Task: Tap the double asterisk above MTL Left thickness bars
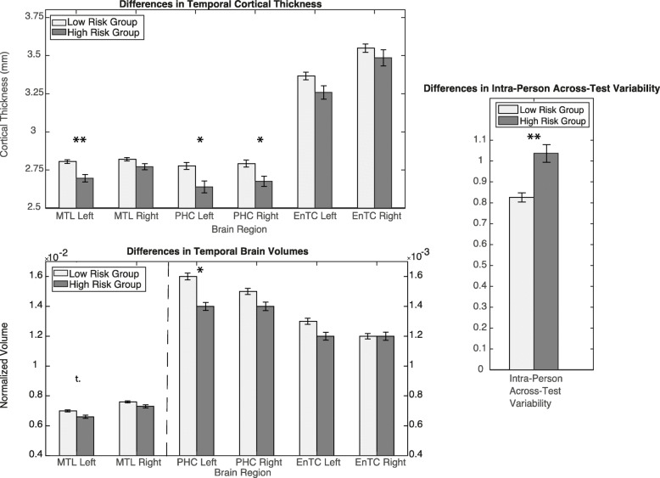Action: point(80,140)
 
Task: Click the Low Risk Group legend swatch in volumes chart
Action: point(64,273)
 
